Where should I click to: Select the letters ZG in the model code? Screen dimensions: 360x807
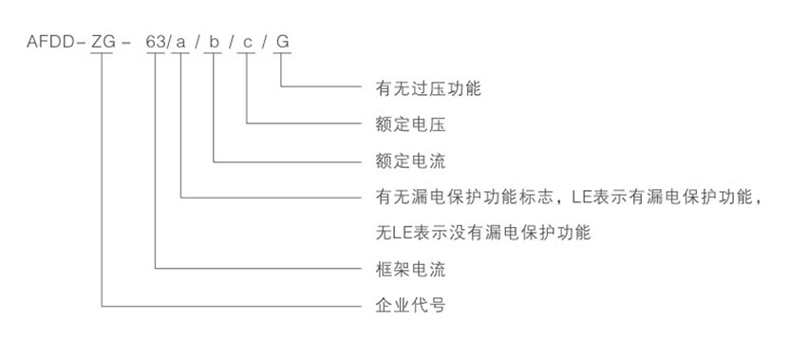(x=103, y=43)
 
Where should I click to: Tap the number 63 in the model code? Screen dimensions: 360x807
(x=155, y=43)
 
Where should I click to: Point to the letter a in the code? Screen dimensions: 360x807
(x=180, y=43)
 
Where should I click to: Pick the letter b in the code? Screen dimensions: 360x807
(x=215, y=43)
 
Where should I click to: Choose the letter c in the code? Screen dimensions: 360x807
(x=248, y=43)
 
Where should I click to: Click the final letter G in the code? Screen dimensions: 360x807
(x=281, y=43)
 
